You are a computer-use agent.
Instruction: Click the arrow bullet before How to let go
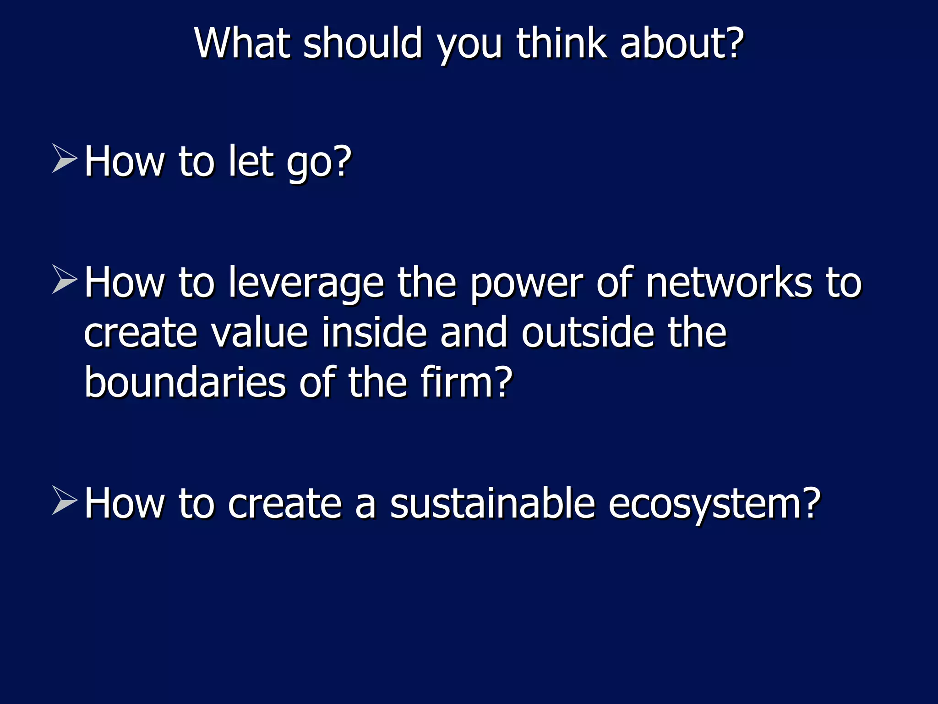(x=64, y=158)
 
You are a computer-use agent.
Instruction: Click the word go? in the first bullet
(x=319, y=163)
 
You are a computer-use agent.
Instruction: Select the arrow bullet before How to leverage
(x=64, y=279)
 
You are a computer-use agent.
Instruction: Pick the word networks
(x=729, y=283)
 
